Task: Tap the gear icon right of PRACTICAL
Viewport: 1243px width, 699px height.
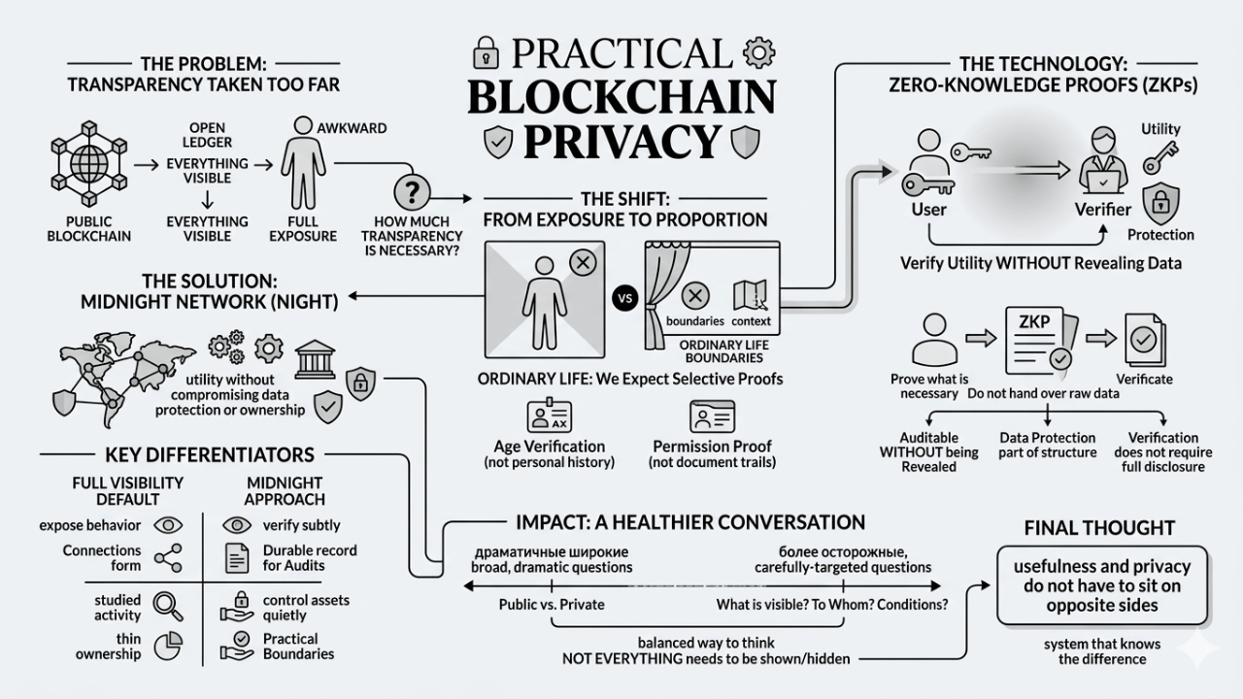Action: point(754,51)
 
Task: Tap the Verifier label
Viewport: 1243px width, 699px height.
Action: point(1103,209)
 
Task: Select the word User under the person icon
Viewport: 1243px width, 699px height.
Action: point(928,209)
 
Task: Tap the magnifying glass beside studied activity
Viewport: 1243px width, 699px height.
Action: point(169,606)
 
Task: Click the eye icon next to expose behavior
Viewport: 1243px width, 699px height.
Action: point(169,525)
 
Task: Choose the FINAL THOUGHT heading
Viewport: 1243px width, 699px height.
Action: point(1099,528)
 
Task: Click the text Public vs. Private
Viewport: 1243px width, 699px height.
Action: point(552,605)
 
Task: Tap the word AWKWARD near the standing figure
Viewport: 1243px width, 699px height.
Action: point(352,128)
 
